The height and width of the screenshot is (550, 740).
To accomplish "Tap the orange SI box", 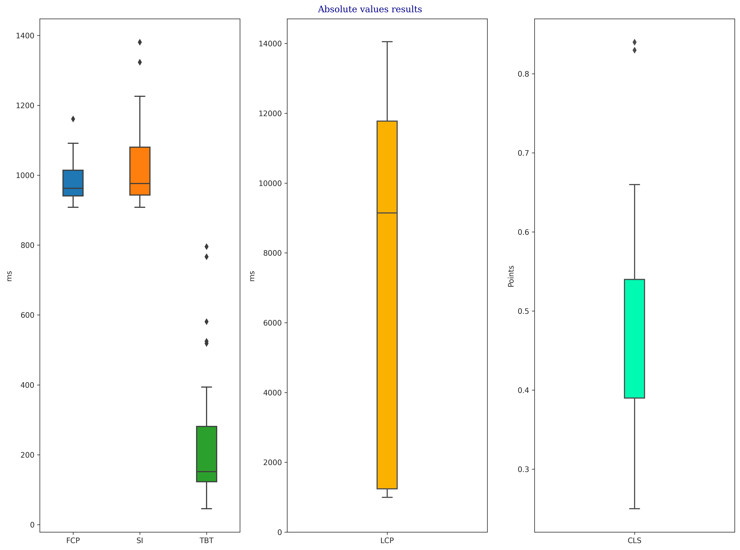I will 140,171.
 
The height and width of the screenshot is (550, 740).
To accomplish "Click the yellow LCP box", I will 387,305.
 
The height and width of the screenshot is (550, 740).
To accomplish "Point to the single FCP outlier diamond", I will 73,119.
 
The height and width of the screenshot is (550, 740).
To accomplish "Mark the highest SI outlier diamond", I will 140,42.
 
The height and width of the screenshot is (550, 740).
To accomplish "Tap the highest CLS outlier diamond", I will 634,42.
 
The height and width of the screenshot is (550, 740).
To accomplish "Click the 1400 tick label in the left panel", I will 25,36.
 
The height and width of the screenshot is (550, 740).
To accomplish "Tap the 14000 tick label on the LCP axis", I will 270,44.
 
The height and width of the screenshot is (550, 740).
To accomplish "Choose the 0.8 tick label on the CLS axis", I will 524,74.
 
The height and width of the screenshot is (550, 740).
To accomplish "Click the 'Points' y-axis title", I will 511,276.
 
